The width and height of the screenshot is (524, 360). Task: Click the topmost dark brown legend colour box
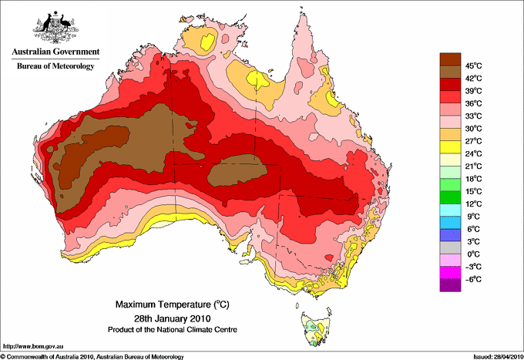tap(449, 59)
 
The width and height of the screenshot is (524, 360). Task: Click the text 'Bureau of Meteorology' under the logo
tap(55, 66)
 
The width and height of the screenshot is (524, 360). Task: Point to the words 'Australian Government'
tap(55, 52)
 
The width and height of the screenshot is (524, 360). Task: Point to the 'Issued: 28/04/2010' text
tap(492, 356)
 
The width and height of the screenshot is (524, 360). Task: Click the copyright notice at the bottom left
tap(92, 356)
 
